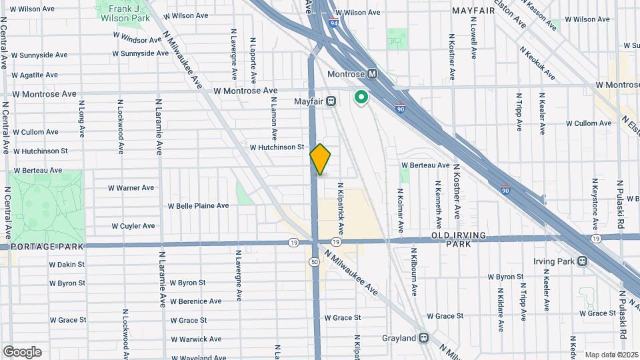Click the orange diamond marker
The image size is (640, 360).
tap(321, 159)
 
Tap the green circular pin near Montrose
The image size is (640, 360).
tap(361, 98)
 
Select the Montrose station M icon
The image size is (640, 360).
tap(373, 74)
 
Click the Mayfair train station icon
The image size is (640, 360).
tap(331, 101)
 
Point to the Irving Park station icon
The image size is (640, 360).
tap(583, 261)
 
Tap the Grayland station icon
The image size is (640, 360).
tap(424, 337)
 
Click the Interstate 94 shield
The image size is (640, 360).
tap(332, 22)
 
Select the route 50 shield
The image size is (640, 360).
tap(314, 261)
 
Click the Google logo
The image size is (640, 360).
tap(23, 352)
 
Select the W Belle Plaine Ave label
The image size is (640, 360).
tap(198, 206)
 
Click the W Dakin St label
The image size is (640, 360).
tap(67, 265)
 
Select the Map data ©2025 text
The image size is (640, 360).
tap(611, 355)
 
